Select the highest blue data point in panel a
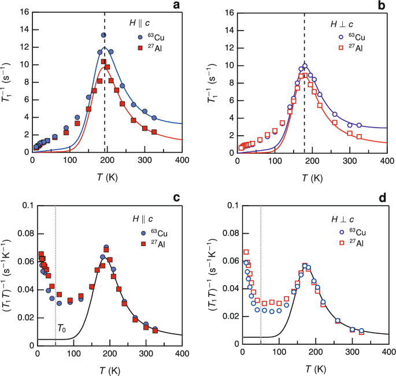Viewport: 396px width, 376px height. (x=103, y=35)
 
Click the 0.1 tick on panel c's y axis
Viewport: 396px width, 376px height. (x=25, y=206)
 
